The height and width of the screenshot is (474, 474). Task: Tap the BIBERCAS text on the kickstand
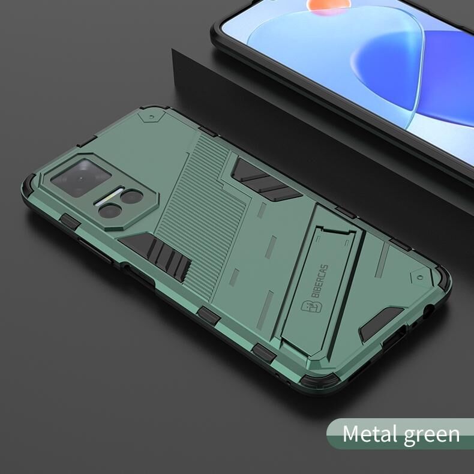320,281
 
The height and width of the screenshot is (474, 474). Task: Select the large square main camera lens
80,178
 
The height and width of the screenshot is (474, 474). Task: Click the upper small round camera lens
131,196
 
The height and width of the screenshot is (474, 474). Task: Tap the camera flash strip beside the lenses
109,197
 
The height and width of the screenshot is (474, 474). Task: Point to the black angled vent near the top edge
266,180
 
